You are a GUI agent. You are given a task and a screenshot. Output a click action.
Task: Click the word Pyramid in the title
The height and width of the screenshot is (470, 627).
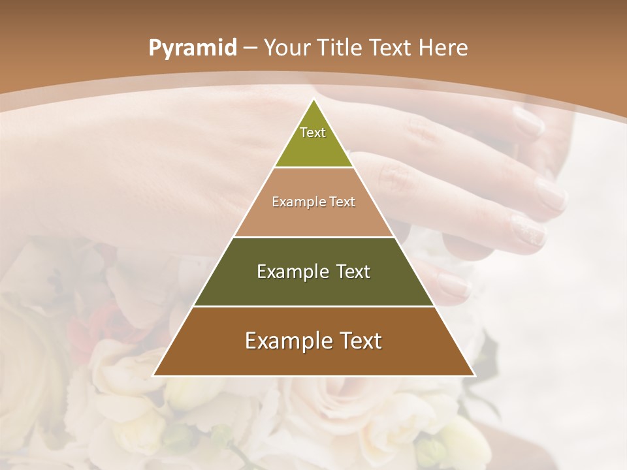192,48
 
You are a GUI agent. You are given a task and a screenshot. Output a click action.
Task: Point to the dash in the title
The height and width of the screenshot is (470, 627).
250,48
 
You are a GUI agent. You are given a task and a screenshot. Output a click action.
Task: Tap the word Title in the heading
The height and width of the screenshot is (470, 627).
341,48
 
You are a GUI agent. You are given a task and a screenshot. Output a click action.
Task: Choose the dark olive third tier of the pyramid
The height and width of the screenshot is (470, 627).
313,287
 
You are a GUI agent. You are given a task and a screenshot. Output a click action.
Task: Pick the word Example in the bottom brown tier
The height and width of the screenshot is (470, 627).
287,341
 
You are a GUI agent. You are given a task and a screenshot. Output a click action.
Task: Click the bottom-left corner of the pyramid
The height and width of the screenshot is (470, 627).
153,375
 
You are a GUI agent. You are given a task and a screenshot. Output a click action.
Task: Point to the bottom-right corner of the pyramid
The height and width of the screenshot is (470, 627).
474,375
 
